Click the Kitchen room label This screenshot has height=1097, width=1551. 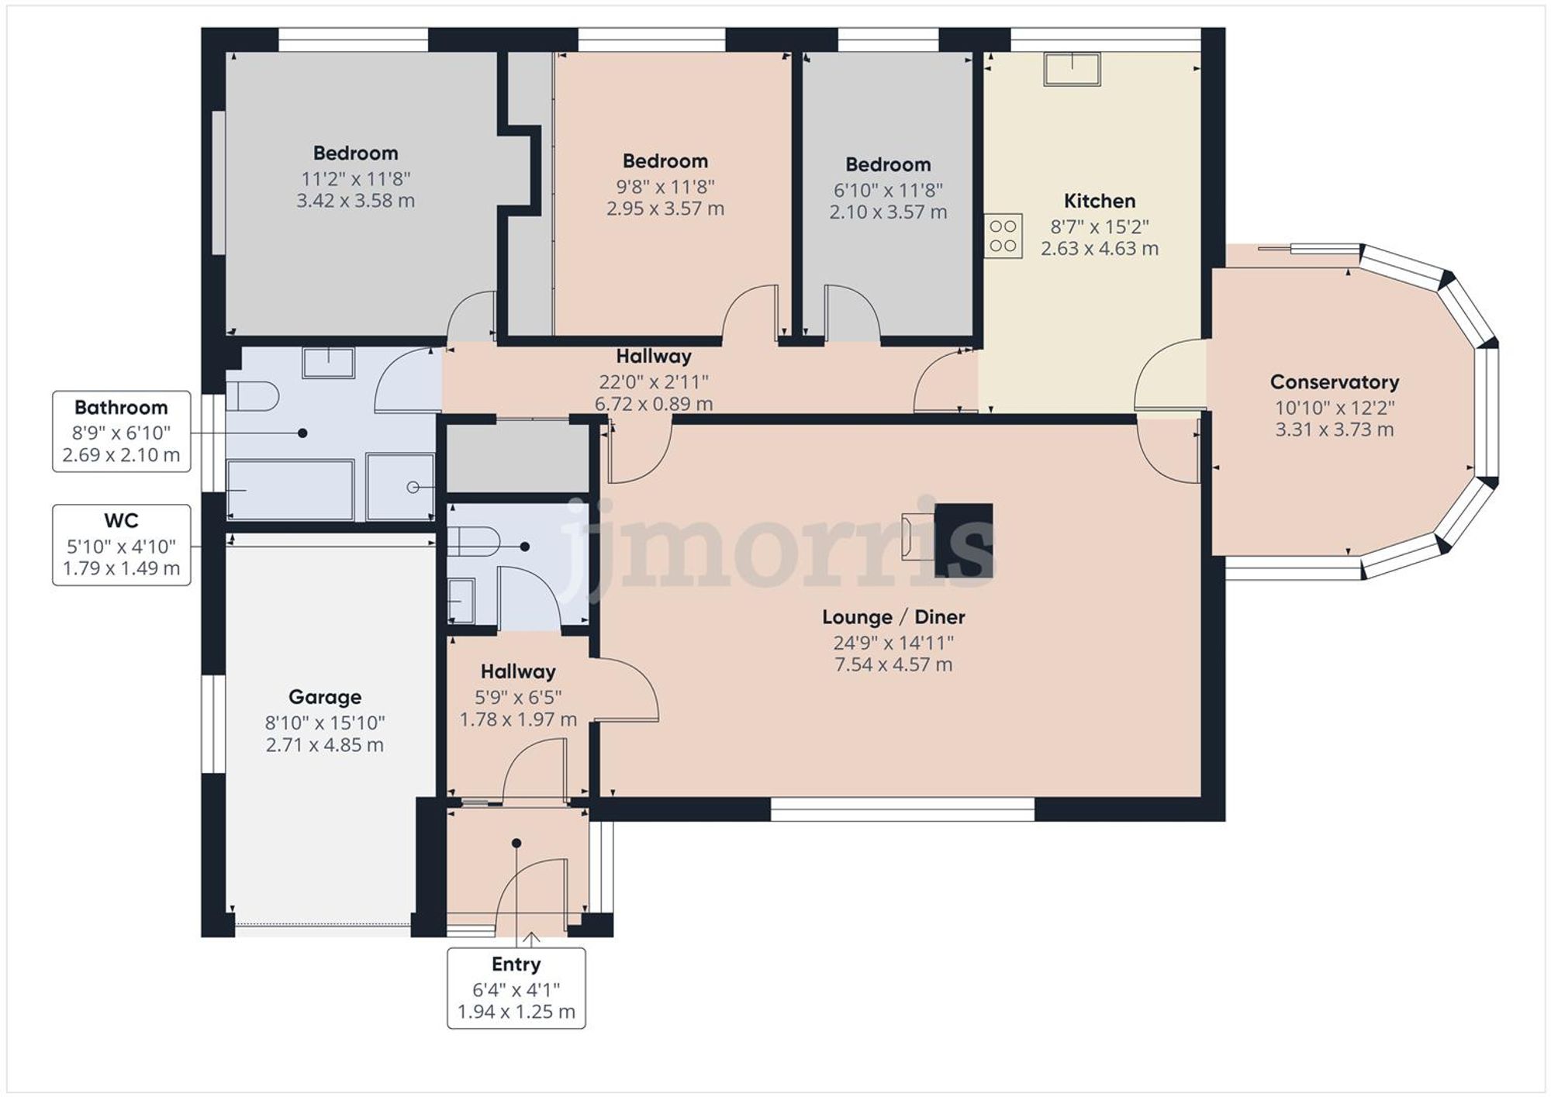click(1099, 202)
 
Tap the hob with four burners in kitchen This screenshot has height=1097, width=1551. click(1003, 236)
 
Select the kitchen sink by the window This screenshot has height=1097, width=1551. click(1072, 68)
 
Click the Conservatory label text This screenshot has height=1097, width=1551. click(1334, 382)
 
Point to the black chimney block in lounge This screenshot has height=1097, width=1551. click(963, 540)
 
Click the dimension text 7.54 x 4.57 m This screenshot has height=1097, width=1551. click(893, 664)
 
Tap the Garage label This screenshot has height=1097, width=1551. click(325, 697)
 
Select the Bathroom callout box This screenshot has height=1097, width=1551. click(122, 431)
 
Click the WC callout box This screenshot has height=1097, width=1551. click(122, 544)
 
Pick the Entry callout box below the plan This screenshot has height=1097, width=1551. click(516, 988)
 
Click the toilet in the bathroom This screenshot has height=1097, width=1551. click(253, 395)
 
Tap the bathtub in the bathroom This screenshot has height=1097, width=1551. click(291, 490)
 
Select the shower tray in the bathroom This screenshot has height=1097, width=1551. click(400, 487)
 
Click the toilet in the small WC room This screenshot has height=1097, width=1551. click(473, 541)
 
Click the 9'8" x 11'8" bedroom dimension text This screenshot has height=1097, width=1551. click(665, 187)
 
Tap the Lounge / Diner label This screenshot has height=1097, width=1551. click(893, 617)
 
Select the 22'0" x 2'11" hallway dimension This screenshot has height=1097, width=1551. click(653, 381)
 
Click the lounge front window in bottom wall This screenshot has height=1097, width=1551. click(902, 809)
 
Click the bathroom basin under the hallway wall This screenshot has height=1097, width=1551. click(328, 362)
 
